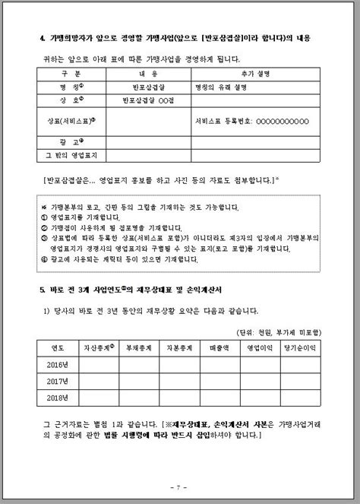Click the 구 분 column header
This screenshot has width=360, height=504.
click(x=65, y=74)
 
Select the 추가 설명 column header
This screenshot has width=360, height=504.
click(x=256, y=74)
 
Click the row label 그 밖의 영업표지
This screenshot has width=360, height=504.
click(x=65, y=155)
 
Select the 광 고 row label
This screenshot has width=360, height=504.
click(x=65, y=141)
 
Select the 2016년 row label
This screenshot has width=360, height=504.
click(x=58, y=364)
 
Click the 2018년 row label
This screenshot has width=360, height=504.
click(x=58, y=396)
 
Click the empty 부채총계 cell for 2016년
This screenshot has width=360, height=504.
click(x=139, y=364)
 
